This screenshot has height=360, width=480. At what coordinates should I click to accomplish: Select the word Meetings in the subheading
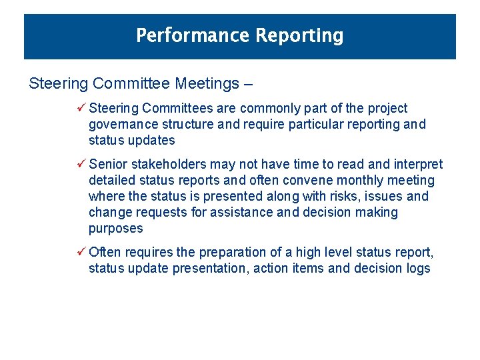(x=207, y=83)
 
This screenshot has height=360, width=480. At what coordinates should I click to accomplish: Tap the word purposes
(x=116, y=229)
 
